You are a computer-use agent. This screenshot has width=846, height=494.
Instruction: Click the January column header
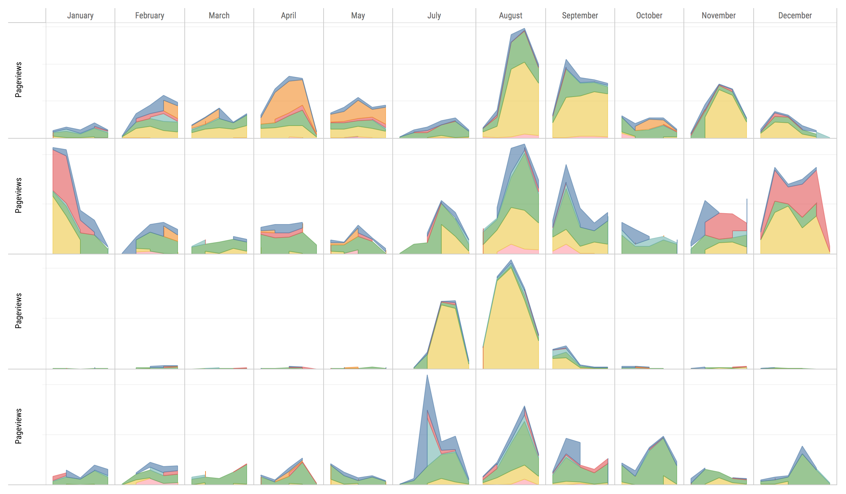coord(80,16)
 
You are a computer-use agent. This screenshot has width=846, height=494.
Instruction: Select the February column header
coord(150,16)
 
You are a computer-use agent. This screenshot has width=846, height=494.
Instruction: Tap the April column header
coord(288,16)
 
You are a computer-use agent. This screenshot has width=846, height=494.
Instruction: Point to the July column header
coord(434,16)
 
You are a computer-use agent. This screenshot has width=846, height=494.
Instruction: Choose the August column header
coord(510,16)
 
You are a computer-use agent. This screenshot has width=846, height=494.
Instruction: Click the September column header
coord(580,16)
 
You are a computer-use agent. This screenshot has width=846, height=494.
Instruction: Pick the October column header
coord(649,16)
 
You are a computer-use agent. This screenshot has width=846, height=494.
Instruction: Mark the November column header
coord(718,16)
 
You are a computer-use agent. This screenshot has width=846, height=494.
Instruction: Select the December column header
coord(795,16)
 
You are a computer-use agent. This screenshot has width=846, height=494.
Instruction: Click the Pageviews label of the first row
coord(18,80)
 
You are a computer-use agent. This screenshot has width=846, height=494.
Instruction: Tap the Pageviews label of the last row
coord(18,426)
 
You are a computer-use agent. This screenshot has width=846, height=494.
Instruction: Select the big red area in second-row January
coord(63,176)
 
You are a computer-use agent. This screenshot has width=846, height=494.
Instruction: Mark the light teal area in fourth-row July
coord(433,445)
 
